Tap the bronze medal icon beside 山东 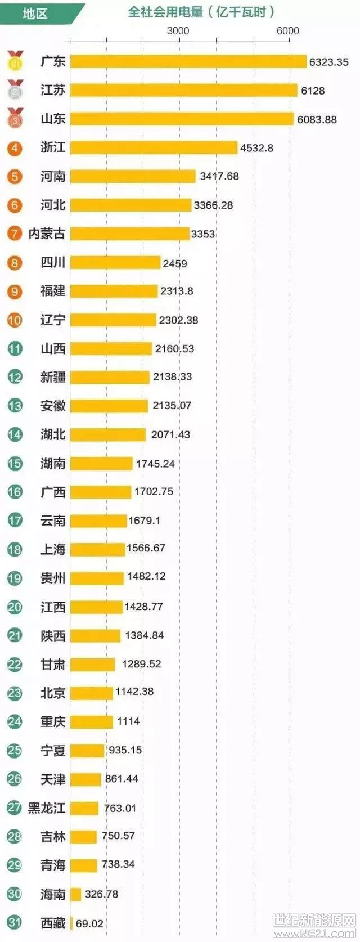[x=15, y=118]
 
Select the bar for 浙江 [x=154, y=147]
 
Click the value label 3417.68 [x=219, y=176]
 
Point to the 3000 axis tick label [x=178, y=30]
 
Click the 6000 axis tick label [x=287, y=30]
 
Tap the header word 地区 [x=35, y=13]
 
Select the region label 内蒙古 [x=47, y=233]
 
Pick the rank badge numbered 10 [x=15, y=320]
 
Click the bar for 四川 [x=115, y=262]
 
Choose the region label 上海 [x=53, y=549]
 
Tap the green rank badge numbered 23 [x=15, y=693]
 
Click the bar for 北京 [x=91, y=693]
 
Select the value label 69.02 [x=89, y=923]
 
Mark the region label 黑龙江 [x=47, y=808]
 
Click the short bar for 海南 [x=76, y=894]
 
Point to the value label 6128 [x=312, y=91]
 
